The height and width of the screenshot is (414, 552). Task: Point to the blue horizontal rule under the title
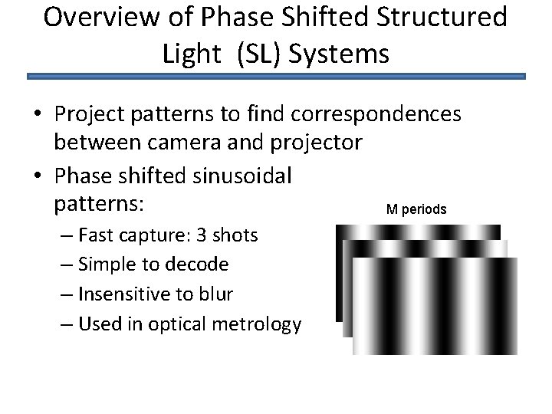point(276,77)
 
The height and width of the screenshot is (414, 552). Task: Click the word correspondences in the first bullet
point(378,114)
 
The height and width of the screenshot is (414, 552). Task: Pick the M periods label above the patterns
point(416,209)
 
